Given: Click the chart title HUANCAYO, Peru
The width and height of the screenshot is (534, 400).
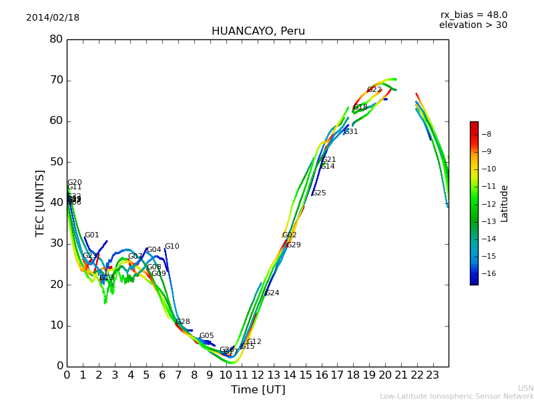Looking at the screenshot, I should point(258,31).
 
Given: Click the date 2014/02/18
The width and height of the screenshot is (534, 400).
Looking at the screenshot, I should point(53,18).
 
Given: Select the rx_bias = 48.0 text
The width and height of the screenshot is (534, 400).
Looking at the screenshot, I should point(473,15).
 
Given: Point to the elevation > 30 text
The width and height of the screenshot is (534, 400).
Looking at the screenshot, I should point(473,25).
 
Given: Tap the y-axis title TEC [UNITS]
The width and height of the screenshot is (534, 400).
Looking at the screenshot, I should point(41,203).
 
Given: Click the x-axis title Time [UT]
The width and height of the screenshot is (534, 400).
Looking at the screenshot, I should point(258,390).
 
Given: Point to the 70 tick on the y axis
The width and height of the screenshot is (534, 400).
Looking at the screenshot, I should point(56,80).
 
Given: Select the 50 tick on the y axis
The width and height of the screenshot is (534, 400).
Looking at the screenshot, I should point(56,162).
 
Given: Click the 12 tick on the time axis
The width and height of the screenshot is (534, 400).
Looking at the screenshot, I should point(258,375).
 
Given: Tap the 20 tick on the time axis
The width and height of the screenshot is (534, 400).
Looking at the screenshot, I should point(385,375).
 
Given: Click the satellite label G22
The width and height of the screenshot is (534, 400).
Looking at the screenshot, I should point(374,90).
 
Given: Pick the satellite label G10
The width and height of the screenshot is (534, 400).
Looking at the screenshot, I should point(172,247).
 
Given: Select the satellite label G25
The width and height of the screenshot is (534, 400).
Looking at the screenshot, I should point(319,193).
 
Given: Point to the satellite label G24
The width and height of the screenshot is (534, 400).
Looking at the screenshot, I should point(272,293).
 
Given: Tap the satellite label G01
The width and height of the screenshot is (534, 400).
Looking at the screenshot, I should point(91,235).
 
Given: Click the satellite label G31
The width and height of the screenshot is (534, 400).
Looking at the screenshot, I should point(351,132).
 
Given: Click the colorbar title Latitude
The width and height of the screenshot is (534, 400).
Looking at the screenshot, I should point(505,203).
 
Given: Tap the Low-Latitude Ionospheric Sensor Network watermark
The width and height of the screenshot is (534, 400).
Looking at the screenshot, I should point(457,397).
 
